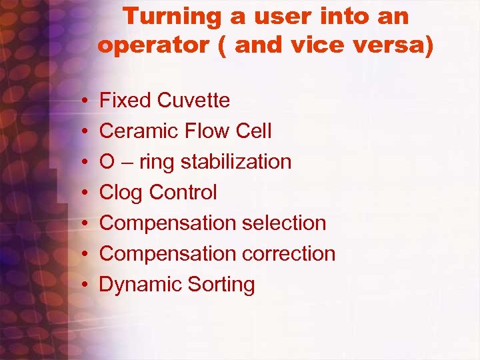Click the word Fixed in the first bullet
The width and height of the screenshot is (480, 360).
125,101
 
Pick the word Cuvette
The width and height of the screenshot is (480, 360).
193,101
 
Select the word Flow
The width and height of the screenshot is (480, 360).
207,131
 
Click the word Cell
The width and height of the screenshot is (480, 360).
254,131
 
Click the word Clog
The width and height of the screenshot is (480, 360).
121,193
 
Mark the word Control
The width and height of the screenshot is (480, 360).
183,193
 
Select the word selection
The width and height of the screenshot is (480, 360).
283,223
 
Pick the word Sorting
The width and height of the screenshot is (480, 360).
221,285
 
